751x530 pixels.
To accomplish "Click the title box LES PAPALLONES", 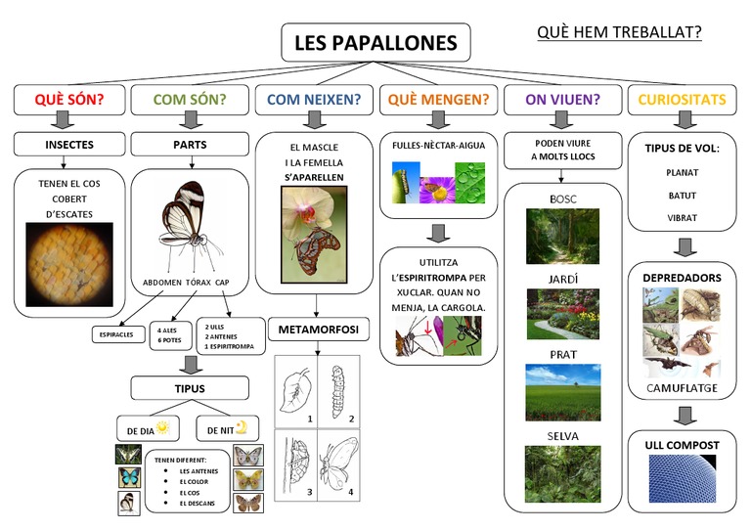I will pyautogui.click(x=375, y=44).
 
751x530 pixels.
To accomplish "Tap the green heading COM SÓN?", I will pyautogui.click(x=190, y=99).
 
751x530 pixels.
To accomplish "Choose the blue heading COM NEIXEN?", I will pyautogui.click(x=314, y=99).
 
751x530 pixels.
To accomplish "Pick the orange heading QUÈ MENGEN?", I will pyautogui.click(x=438, y=99).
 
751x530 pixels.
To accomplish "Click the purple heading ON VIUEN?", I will pyautogui.click(x=562, y=99).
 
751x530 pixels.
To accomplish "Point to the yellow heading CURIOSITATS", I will pyautogui.click(x=682, y=99).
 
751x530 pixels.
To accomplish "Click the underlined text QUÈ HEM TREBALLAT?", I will pyautogui.click(x=619, y=33).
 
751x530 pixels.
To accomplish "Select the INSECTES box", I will pyautogui.click(x=69, y=145).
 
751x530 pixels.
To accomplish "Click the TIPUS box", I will pyautogui.click(x=190, y=388).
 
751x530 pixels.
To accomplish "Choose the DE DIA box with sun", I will pyautogui.click(x=147, y=428).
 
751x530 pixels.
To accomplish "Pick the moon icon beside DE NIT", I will pyautogui.click(x=241, y=426).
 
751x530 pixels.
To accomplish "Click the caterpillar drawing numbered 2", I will pyautogui.click(x=339, y=388).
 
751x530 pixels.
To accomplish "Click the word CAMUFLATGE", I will pyautogui.click(x=682, y=388).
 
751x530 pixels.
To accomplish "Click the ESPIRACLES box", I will pyautogui.click(x=117, y=335).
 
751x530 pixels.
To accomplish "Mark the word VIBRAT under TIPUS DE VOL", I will pyautogui.click(x=682, y=218).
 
